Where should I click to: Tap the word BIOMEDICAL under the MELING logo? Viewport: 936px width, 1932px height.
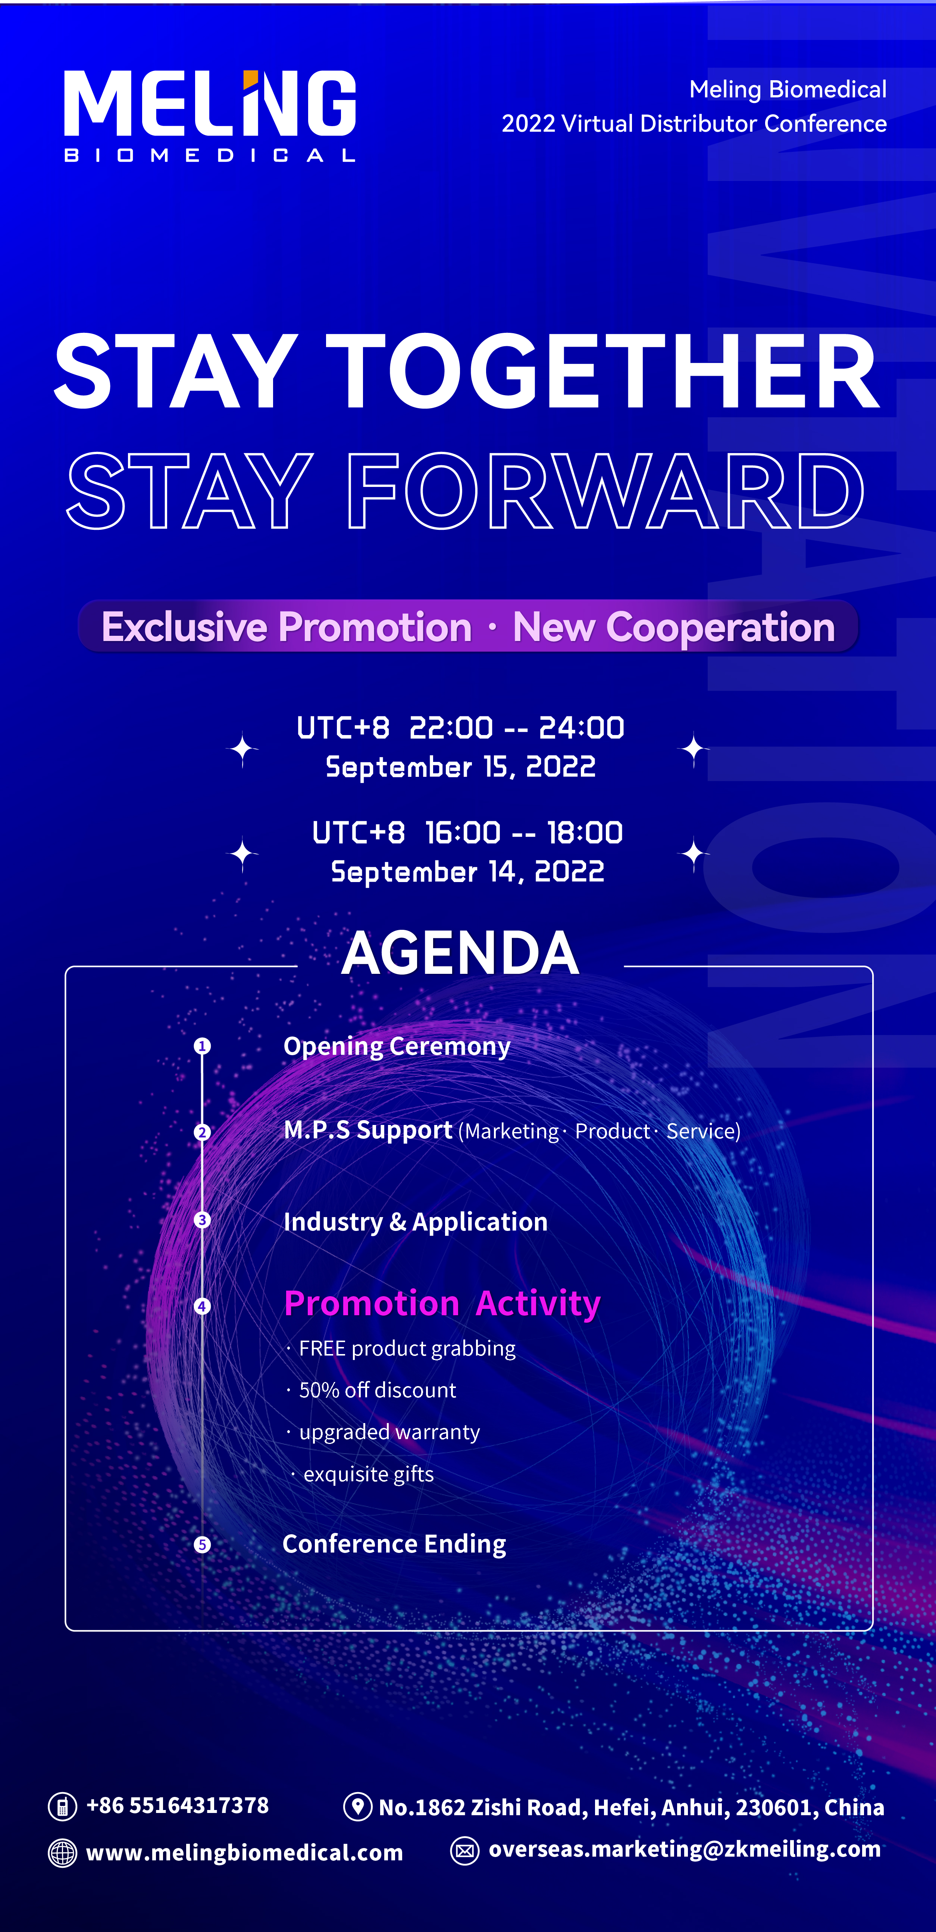click(x=210, y=155)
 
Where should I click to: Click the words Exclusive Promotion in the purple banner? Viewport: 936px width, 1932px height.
click(x=287, y=627)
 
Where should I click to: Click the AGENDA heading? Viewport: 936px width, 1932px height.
click(x=460, y=953)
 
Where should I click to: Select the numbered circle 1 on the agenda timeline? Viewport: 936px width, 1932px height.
click(x=202, y=1045)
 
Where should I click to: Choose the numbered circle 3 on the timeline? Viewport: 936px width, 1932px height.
click(x=202, y=1219)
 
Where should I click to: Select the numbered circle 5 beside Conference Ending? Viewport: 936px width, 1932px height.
click(x=202, y=1544)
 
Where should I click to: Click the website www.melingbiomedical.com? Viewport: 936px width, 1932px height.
click(x=244, y=1853)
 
